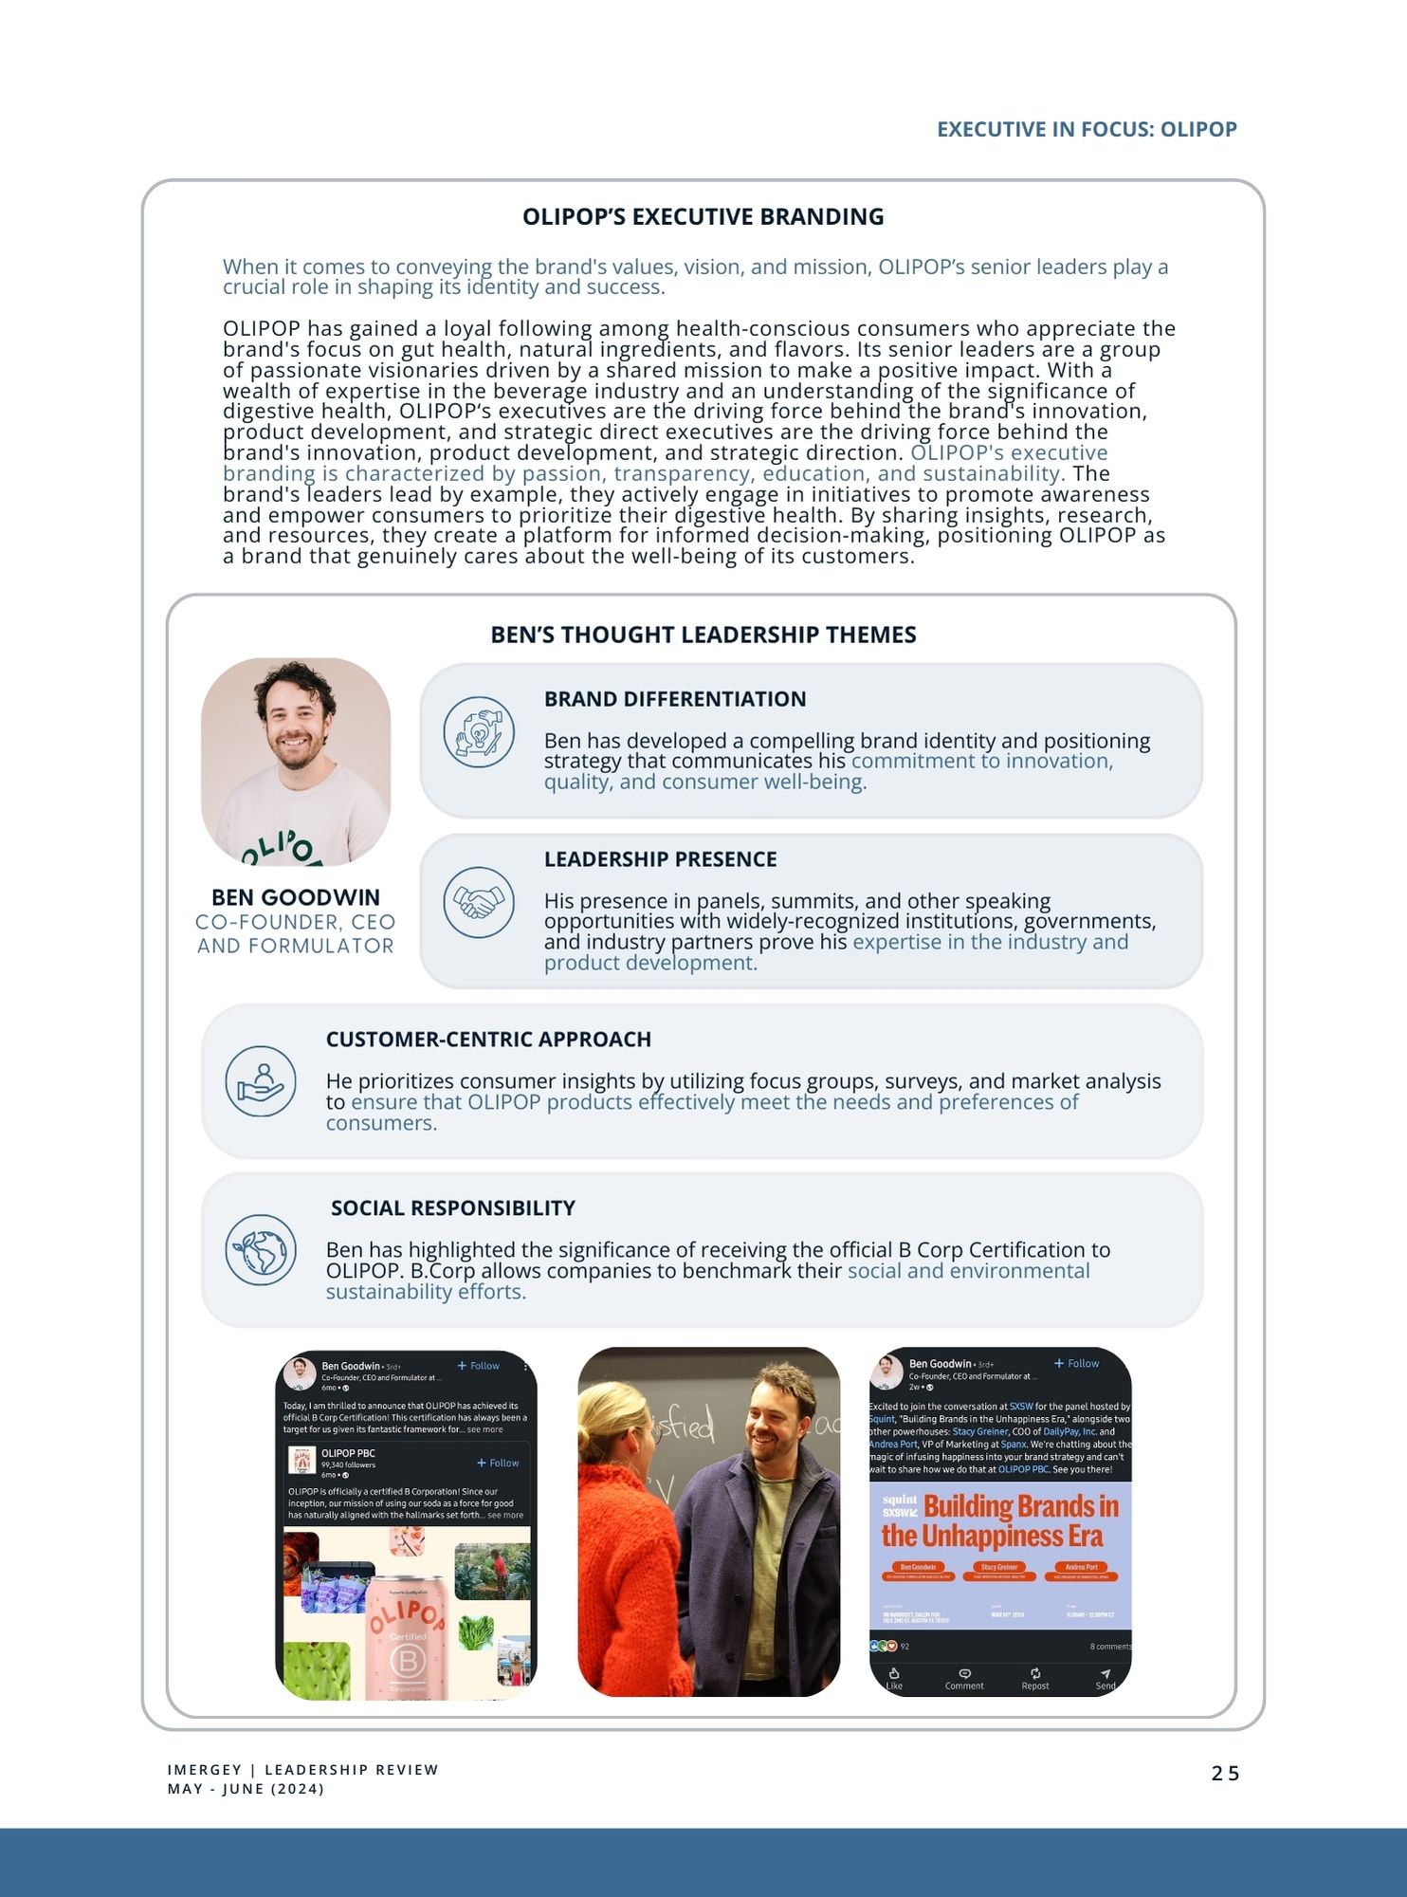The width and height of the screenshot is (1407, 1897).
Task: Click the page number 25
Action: click(1225, 1773)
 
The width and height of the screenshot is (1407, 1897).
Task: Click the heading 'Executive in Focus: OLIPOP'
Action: click(1087, 129)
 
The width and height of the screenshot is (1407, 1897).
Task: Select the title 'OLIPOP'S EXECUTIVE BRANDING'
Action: click(703, 216)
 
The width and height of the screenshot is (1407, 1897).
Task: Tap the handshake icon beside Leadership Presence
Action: click(479, 902)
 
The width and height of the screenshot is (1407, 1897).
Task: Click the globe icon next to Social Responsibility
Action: click(261, 1250)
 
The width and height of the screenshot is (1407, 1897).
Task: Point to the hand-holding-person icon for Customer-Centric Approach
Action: click(261, 1081)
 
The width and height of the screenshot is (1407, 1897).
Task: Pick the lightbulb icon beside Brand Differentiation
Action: click(479, 732)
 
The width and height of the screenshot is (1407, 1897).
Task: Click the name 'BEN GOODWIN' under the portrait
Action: click(295, 897)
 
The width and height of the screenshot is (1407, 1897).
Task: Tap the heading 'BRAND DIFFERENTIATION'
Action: click(675, 699)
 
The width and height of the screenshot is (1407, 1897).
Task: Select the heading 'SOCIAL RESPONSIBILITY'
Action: click(453, 1207)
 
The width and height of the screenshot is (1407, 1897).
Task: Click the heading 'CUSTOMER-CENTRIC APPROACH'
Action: click(488, 1040)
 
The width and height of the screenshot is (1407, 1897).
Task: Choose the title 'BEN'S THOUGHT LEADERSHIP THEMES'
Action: click(703, 635)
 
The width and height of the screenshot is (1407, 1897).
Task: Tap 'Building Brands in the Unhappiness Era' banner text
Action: click(999, 1520)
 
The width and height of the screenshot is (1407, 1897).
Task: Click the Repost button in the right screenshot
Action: click(1035, 1678)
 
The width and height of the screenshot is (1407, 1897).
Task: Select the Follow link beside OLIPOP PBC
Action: click(499, 1463)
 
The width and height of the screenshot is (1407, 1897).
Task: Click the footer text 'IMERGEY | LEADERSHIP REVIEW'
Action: click(302, 1770)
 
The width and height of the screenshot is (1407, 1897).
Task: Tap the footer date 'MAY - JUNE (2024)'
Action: click(246, 1789)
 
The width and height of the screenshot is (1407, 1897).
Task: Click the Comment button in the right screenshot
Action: click(964, 1678)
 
